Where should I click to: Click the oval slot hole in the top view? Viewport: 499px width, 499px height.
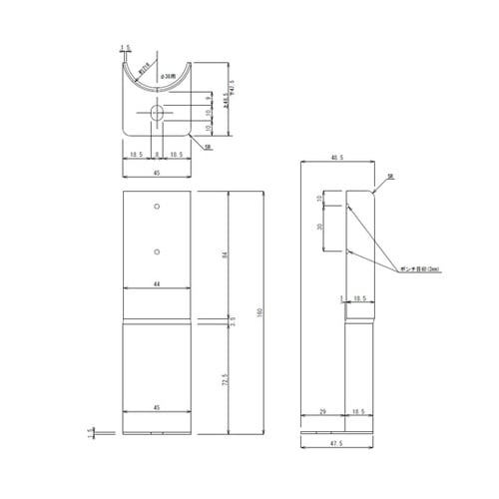[x=156, y=114]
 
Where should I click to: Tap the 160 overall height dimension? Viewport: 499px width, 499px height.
[x=259, y=312]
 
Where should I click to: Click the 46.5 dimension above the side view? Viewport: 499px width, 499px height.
[x=336, y=157]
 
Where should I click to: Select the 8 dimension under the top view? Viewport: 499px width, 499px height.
[x=156, y=155]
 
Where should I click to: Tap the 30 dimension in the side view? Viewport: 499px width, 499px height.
[x=319, y=227]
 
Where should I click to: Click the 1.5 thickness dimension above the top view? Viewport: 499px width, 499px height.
[x=125, y=47]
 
